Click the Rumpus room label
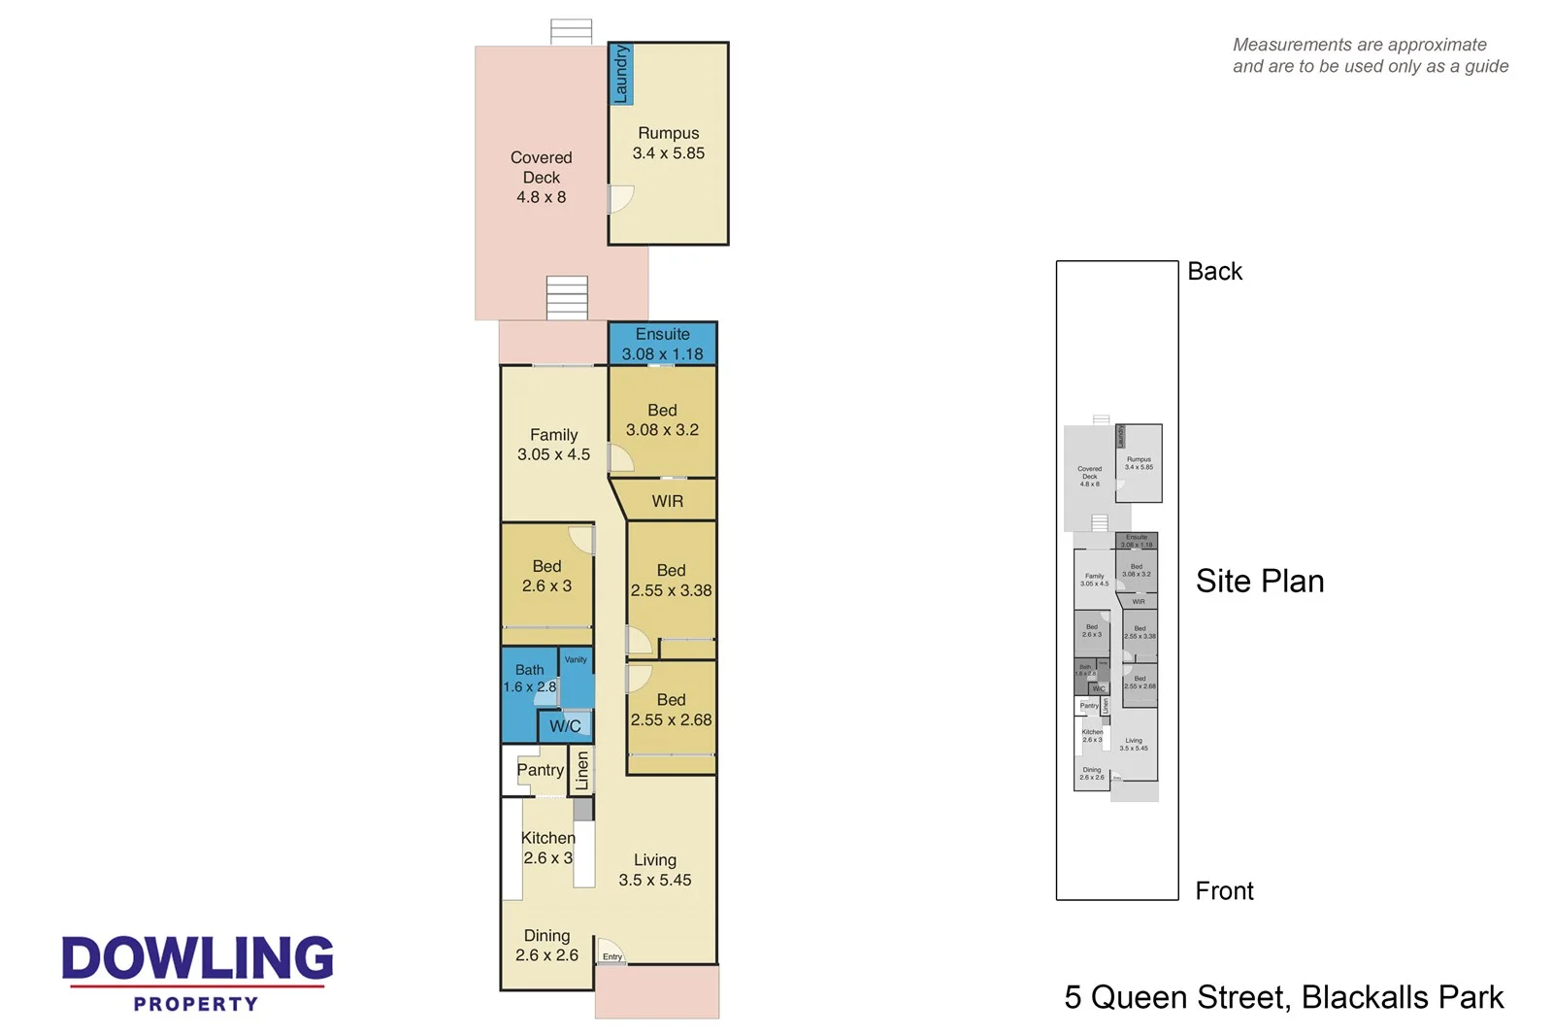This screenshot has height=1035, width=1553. [668, 143]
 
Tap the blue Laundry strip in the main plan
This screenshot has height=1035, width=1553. [620, 74]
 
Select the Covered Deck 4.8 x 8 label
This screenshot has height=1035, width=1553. [541, 177]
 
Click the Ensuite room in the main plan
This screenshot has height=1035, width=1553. [662, 344]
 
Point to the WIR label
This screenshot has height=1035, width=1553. [667, 501]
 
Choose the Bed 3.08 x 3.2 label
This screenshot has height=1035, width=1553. [662, 419]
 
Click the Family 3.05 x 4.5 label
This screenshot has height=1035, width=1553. [553, 445]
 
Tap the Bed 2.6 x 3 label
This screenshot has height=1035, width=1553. [546, 576]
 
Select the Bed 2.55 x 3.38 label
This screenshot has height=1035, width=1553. [671, 581]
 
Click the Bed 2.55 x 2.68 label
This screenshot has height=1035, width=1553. [671, 710]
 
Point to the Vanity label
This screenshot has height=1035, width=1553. [576, 659]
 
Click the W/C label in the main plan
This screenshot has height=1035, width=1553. [565, 726]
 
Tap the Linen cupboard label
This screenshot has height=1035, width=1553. [581, 771]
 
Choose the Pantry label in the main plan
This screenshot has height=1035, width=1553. [540, 770]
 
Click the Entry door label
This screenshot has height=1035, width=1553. [612, 956]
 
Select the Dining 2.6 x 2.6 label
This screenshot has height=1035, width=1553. [546, 945]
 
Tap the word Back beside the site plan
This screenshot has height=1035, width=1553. [1214, 272]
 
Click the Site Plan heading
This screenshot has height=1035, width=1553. [1259, 581]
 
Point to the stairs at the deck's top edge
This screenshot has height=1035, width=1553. [571, 31]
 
